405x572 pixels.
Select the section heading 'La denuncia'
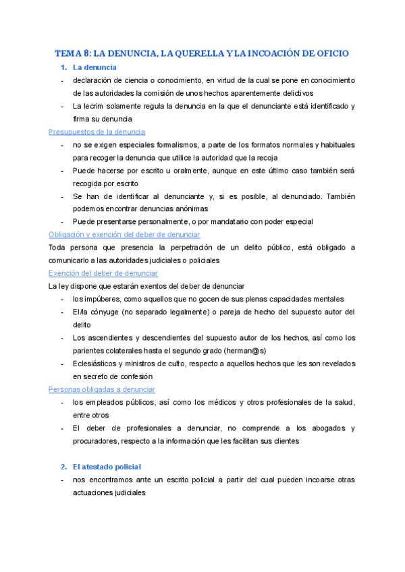[x=94, y=67]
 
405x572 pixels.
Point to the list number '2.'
[x=63, y=467]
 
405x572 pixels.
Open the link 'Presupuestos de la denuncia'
[x=97, y=132]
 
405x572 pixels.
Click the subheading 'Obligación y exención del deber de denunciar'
[x=124, y=235]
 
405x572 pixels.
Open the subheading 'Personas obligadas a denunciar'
[x=102, y=389]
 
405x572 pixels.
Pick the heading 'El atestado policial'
[x=107, y=467]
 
